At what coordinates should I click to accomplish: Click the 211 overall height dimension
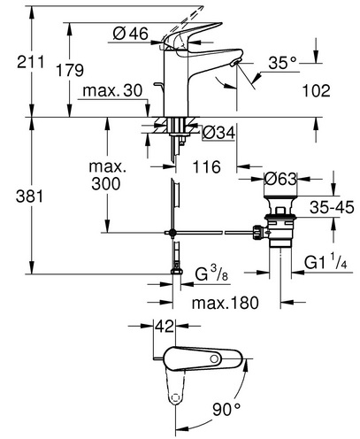point(30,62)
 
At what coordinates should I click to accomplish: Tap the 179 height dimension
point(70,70)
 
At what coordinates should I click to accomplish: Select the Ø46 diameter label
point(131,34)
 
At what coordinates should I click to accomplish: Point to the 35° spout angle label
point(282,63)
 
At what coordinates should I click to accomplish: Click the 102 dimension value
point(317,90)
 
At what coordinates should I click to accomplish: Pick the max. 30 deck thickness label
point(112,90)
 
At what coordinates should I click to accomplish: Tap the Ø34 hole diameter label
point(218,133)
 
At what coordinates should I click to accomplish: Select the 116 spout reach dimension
point(206,167)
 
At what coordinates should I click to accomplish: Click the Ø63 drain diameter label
point(280,179)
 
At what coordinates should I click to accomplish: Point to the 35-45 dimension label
point(332,207)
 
